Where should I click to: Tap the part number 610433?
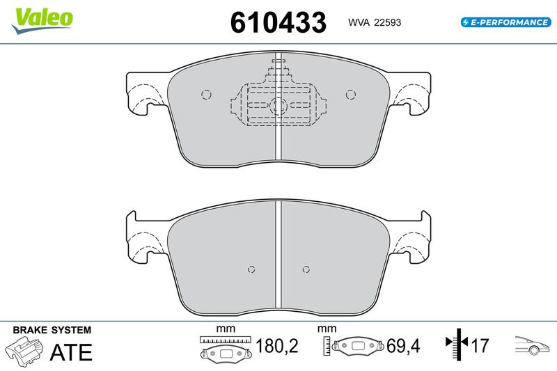(x=278, y=22)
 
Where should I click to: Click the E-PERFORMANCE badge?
(x=506, y=22)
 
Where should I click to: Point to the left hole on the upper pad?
(x=206, y=95)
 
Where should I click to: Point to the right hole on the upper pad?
(x=351, y=95)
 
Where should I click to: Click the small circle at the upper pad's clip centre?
(x=278, y=106)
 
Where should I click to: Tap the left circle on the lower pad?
(x=251, y=269)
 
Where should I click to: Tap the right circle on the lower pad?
(x=306, y=269)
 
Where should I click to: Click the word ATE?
(x=71, y=352)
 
